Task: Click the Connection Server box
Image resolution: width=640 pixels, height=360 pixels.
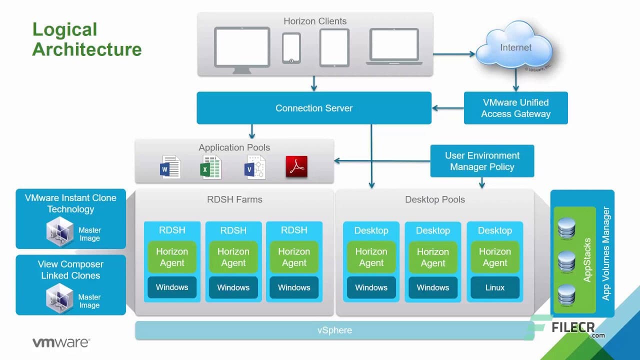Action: [x=313, y=108]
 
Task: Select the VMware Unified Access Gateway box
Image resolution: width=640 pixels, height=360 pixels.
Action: [x=515, y=108]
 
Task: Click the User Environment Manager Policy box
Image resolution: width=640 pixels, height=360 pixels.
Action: [x=482, y=161]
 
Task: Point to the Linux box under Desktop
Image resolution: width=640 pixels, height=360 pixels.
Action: [x=494, y=287]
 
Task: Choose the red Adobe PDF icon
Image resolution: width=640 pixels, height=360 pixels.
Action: [x=296, y=167]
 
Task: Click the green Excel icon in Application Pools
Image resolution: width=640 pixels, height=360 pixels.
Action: [x=210, y=167]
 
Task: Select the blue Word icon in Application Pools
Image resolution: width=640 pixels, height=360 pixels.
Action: [x=170, y=167]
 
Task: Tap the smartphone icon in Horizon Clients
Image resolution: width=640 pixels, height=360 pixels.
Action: [x=291, y=48]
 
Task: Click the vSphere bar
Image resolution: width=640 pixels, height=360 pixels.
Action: [x=334, y=330]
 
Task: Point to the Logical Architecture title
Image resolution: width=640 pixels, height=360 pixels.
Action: [x=87, y=39]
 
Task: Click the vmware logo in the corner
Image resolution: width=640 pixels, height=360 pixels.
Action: [x=61, y=342]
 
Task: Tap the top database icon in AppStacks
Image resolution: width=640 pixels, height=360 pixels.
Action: [x=566, y=228]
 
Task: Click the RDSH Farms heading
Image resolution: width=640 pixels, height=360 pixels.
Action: [x=234, y=199]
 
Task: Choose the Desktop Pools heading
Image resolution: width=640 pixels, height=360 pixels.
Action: [x=434, y=199]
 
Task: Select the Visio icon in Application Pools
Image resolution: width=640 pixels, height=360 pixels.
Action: [x=254, y=167]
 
